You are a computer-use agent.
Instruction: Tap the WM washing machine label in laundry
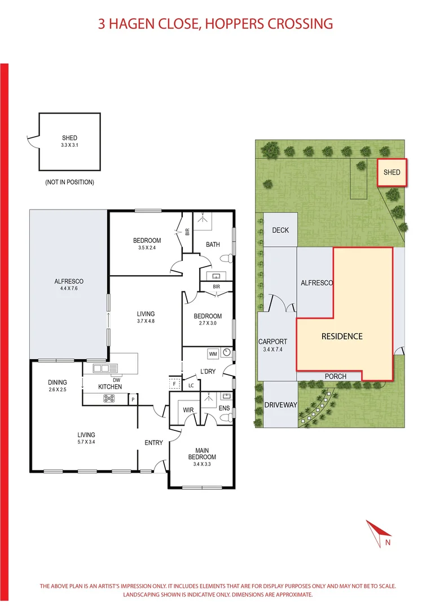pyautogui.click(x=213, y=354)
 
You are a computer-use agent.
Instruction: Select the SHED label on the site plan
pyautogui.click(x=392, y=172)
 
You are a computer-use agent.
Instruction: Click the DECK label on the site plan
pyautogui.click(x=280, y=230)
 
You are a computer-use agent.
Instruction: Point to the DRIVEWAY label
pyautogui.click(x=280, y=405)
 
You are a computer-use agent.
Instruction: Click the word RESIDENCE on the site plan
pyautogui.click(x=342, y=336)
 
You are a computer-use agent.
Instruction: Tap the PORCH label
pyautogui.click(x=335, y=376)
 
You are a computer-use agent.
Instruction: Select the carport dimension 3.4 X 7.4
pyautogui.click(x=273, y=350)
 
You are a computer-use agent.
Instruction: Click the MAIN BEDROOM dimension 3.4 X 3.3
pyautogui.click(x=202, y=464)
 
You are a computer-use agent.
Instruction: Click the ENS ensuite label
pyautogui.click(x=224, y=407)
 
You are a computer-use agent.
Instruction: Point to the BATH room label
pyautogui.click(x=213, y=245)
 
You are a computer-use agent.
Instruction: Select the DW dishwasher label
pyautogui.click(x=117, y=379)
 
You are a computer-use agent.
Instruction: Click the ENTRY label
pyautogui.click(x=153, y=443)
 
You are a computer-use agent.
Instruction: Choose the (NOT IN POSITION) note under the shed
pyautogui.click(x=69, y=182)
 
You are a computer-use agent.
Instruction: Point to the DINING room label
pyautogui.click(x=58, y=382)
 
